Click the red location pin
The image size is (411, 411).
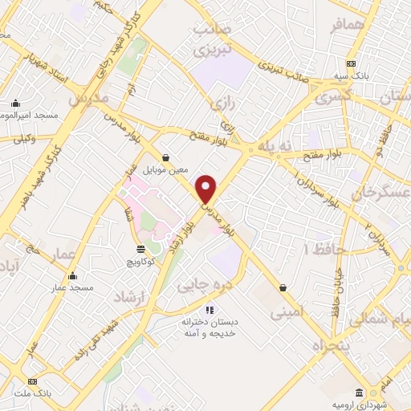click(x=206, y=189)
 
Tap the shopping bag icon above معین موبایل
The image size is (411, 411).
click(x=165, y=158)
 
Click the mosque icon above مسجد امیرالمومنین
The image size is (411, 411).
click(x=15, y=103)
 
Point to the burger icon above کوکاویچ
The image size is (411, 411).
click(x=140, y=250)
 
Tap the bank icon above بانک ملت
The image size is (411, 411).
click(x=32, y=381)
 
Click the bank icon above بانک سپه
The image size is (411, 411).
click(x=350, y=64)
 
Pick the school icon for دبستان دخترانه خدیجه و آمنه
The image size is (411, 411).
click(x=210, y=310)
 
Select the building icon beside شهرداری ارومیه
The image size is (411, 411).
click(x=359, y=392)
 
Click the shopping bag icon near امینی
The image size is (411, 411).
click(x=283, y=287)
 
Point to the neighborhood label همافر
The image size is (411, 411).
click(x=348, y=26)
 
